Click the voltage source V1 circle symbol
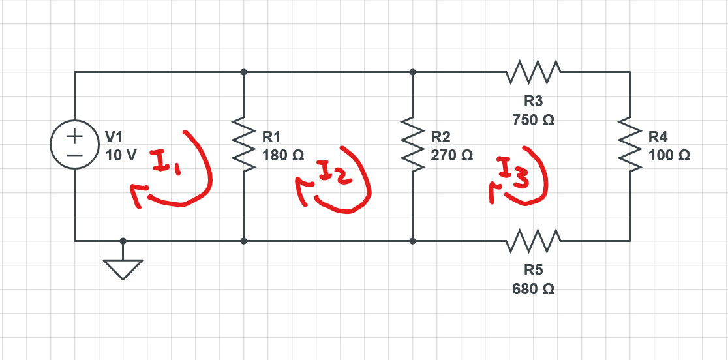74,146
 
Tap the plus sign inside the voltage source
74,136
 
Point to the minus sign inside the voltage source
74,157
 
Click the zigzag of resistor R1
243,146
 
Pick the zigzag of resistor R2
412,146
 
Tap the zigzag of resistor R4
629,146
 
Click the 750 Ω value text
534,121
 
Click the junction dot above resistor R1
243,72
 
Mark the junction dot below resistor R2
412,241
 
